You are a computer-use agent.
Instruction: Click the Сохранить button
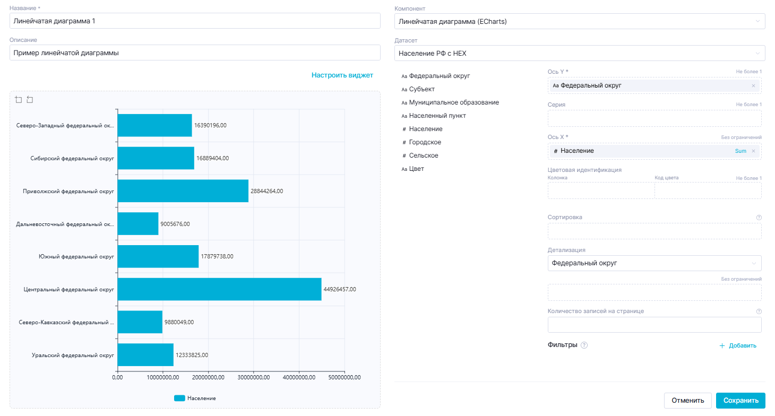(x=740, y=401)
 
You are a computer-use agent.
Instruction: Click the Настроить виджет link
(x=342, y=75)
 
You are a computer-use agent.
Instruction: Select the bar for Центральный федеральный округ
(x=219, y=289)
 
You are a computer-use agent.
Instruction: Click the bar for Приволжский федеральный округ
(x=183, y=191)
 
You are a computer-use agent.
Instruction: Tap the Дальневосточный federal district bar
(x=138, y=224)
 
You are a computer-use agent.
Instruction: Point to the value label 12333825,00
(x=192, y=355)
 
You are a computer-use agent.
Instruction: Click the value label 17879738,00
(x=217, y=256)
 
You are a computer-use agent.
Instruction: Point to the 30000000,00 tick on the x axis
(x=254, y=377)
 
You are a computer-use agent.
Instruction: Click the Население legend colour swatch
(x=179, y=398)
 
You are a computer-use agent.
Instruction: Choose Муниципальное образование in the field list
(x=454, y=102)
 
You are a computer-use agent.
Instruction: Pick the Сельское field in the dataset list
(x=424, y=155)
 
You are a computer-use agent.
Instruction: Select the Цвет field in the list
(x=416, y=169)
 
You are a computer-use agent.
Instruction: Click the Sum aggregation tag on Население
(x=740, y=151)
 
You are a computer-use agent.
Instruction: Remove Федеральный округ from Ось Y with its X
(x=753, y=86)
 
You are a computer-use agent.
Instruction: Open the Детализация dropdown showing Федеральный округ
(x=654, y=263)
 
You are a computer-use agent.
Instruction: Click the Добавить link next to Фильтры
(x=738, y=346)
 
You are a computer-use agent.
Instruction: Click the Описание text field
(x=195, y=53)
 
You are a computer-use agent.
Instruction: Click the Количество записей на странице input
(x=654, y=325)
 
